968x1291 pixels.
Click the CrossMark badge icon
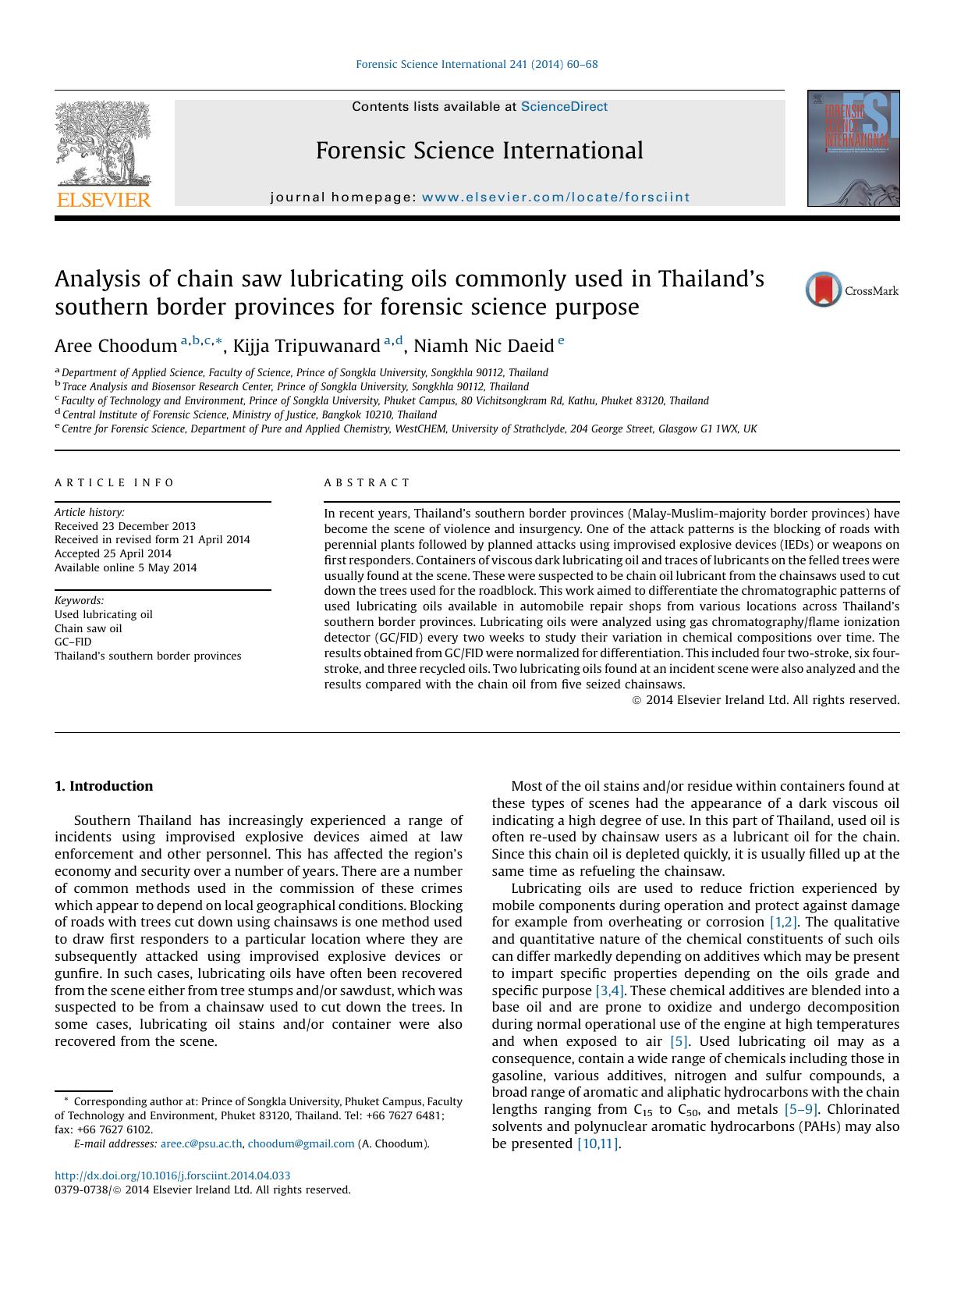[x=824, y=290]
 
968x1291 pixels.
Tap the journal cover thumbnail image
[x=853, y=149]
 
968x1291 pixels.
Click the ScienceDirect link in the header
[x=563, y=107]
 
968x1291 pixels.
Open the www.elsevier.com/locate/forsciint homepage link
[x=555, y=197]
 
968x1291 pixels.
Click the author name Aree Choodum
[x=115, y=346]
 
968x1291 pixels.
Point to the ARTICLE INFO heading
[x=115, y=482]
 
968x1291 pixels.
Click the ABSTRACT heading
[x=367, y=482]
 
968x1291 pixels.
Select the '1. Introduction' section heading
[x=104, y=786]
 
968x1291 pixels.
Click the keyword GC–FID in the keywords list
[x=73, y=642]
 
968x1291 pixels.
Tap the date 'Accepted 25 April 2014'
[x=112, y=553]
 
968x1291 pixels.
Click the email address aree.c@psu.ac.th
[x=201, y=1143]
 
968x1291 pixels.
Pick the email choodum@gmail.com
[x=300, y=1143]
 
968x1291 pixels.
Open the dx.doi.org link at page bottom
[x=172, y=1175]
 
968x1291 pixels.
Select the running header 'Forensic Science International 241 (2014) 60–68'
[x=477, y=65]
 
